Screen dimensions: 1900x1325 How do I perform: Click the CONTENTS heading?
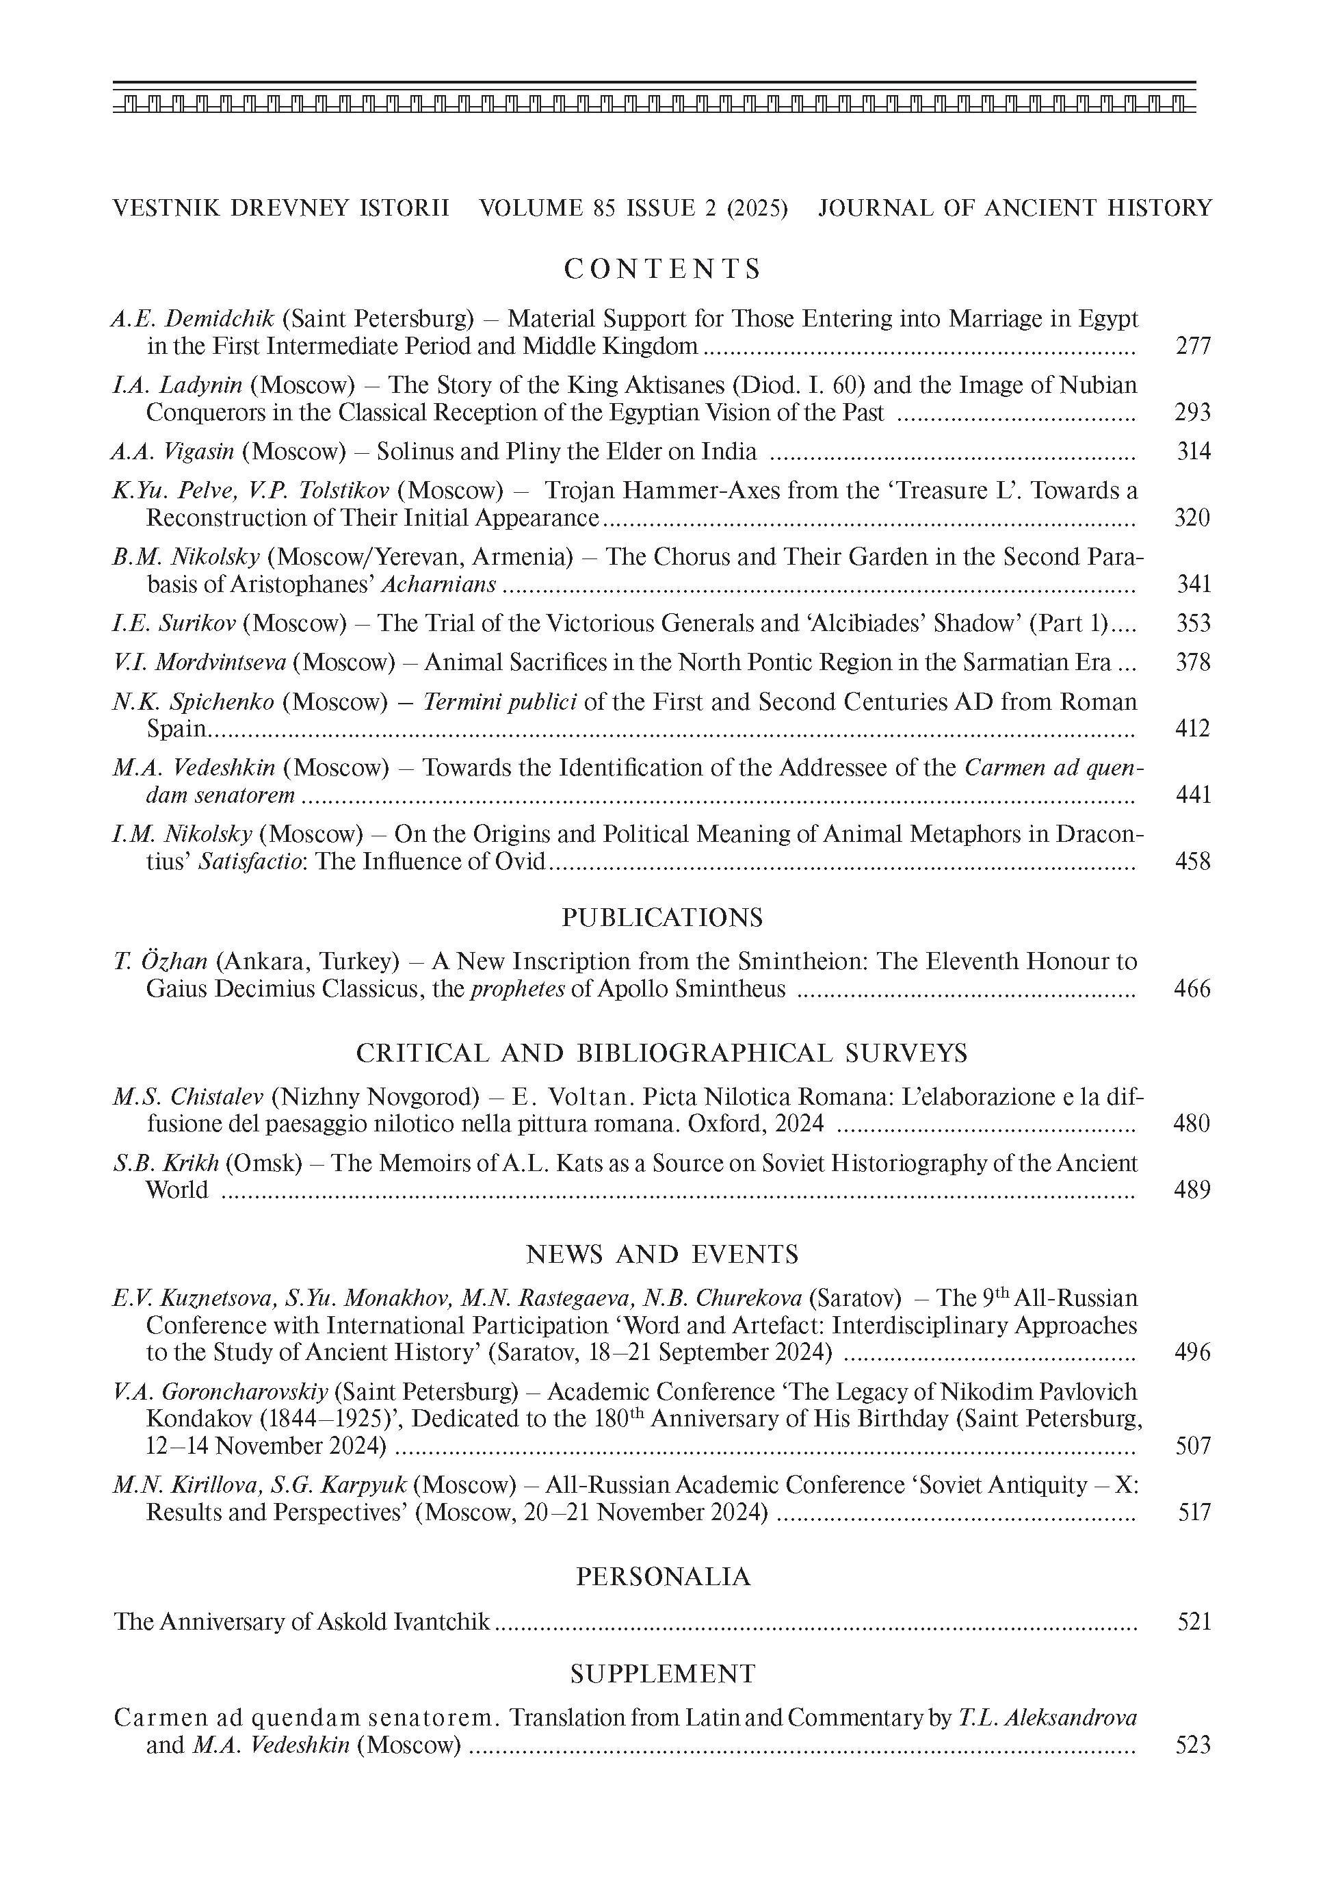[x=661, y=269]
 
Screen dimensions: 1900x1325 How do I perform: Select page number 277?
[x=1193, y=346]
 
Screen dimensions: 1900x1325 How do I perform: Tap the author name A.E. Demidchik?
[x=193, y=318]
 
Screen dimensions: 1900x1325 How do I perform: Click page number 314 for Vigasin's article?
[x=1194, y=451]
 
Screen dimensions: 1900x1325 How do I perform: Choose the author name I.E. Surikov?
[x=174, y=623]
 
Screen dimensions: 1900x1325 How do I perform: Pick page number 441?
[x=1193, y=795]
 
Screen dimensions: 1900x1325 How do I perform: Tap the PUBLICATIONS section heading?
[x=661, y=917]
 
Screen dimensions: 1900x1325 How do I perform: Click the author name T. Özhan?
[x=161, y=962]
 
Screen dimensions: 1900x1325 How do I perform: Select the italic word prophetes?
[x=518, y=989]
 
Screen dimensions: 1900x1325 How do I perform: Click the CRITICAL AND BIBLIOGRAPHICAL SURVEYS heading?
[x=661, y=1053]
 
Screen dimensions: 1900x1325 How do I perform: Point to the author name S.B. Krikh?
[x=166, y=1163]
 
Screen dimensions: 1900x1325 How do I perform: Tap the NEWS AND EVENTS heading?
[x=661, y=1255]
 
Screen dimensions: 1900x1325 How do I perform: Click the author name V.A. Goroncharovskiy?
[x=220, y=1392]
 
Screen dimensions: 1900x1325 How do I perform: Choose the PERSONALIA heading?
[x=662, y=1577]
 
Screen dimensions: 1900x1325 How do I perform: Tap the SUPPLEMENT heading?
[x=662, y=1674]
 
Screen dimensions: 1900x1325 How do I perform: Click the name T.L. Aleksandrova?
[x=1047, y=1718]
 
